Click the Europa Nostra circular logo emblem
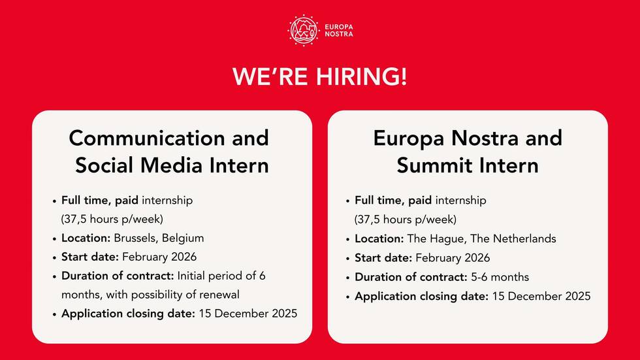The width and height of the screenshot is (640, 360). pyautogui.click(x=303, y=31)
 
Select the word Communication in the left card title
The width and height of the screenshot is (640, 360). pyautogui.click(x=148, y=138)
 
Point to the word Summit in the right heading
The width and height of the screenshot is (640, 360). pyautogui.click(x=435, y=165)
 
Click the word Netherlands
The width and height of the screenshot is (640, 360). pyautogui.click(x=523, y=238)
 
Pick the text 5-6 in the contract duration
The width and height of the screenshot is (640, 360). pyautogui.click(x=479, y=277)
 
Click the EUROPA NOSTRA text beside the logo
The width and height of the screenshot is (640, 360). pyautogui.click(x=339, y=31)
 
